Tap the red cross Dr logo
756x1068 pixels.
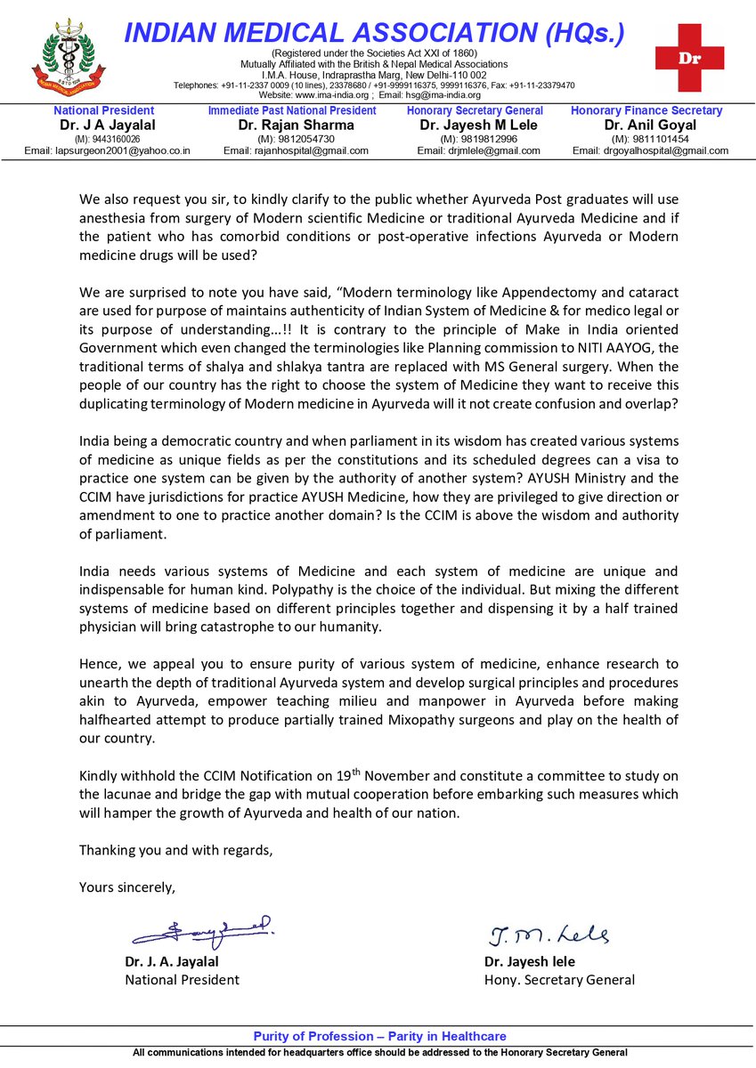pos(689,57)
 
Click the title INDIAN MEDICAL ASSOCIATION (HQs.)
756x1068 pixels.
pos(374,33)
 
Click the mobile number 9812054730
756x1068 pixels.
pos(296,139)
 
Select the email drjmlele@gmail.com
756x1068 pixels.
pos(478,150)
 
